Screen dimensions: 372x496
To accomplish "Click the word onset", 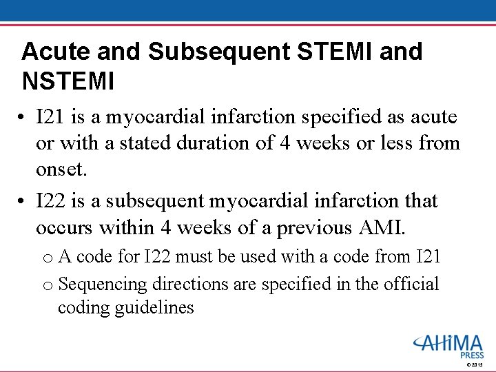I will click(61, 169).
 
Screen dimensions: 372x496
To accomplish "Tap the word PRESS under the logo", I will click(473, 355).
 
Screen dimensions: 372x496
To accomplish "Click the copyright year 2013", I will click(477, 364).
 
